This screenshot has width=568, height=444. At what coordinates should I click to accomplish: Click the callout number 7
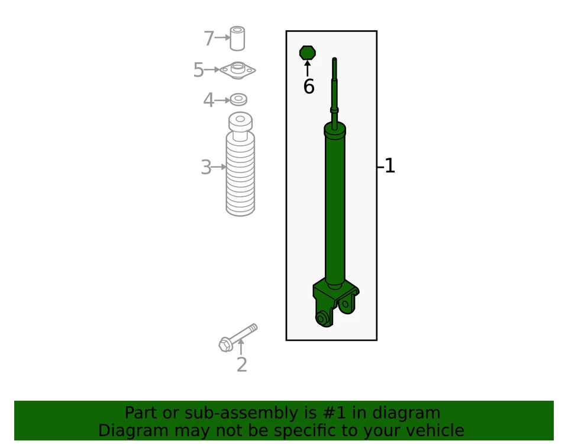point(208,39)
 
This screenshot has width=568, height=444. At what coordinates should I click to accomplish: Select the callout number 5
point(198,71)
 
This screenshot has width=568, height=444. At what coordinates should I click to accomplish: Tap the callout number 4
point(208,100)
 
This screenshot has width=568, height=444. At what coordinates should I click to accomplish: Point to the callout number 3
point(205,168)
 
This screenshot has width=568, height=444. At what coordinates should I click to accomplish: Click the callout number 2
point(241,365)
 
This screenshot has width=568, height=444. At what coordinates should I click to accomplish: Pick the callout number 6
point(308,87)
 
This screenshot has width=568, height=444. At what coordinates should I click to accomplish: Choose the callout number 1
point(389,166)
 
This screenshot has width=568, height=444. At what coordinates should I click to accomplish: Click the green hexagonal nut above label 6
point(307,53)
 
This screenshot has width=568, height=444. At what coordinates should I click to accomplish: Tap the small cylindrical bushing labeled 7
point(238,39)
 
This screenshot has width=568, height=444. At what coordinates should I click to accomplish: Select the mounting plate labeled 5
point(238,71)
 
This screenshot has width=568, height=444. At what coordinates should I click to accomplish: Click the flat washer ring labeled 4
point(238,99)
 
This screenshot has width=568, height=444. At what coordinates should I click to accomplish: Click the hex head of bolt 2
point(225,344)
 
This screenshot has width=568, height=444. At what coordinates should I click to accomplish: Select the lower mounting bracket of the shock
point(335,302)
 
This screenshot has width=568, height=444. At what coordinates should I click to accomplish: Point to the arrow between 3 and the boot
point(219,167)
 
